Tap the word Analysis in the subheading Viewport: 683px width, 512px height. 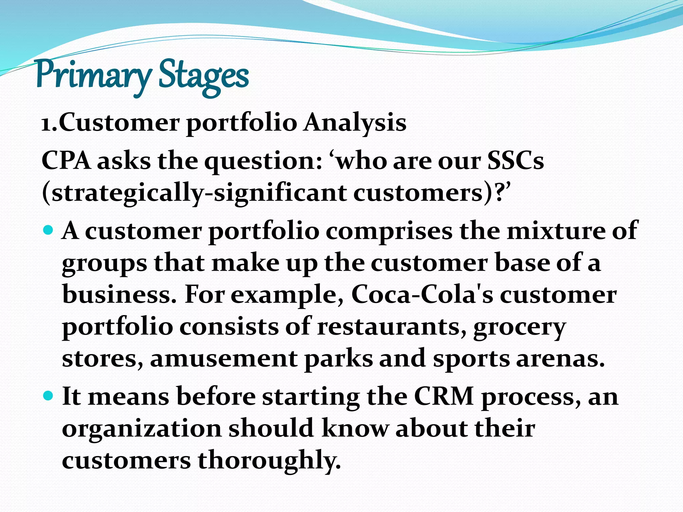(355, 123)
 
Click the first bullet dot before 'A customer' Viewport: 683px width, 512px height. (49, 230)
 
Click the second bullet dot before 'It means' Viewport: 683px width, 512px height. (49, 396)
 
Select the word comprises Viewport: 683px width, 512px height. (389, 231)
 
